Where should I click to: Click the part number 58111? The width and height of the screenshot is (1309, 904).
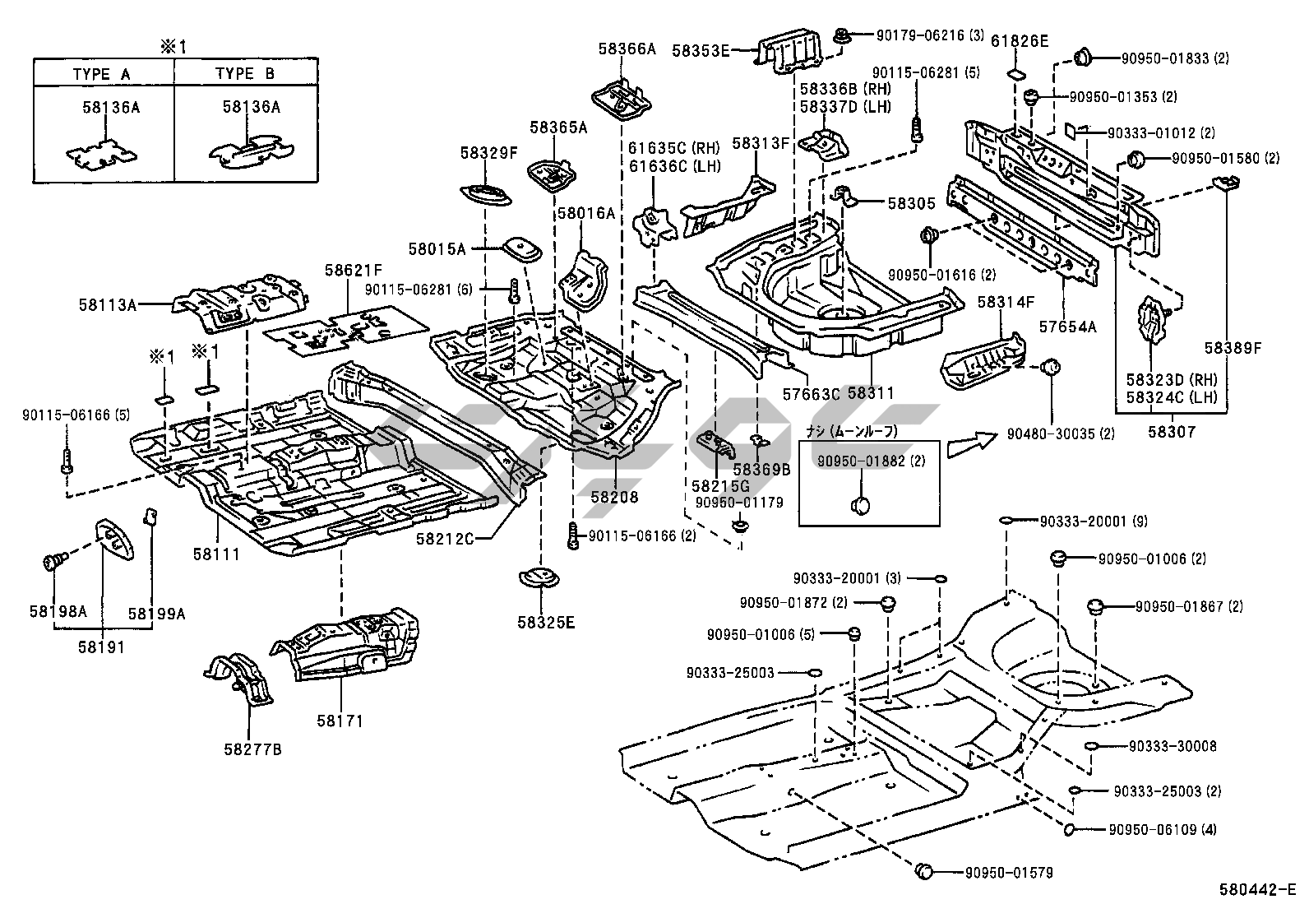point(216,554)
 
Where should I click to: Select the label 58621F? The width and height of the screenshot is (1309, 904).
point(353,270)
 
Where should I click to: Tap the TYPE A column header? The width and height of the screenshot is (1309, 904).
point(102,73)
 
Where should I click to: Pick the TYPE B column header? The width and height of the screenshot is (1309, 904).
point(245,73)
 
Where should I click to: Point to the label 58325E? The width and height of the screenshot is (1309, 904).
point(547,622)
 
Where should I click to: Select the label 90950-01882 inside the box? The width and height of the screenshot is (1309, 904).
point(871,461)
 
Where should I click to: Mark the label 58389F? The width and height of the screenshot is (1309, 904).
point(1233,347)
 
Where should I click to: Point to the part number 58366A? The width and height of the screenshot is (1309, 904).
point(627,49)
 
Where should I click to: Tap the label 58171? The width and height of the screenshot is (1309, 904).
point(340,721)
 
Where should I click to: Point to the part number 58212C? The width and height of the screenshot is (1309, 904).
point(445,539)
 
